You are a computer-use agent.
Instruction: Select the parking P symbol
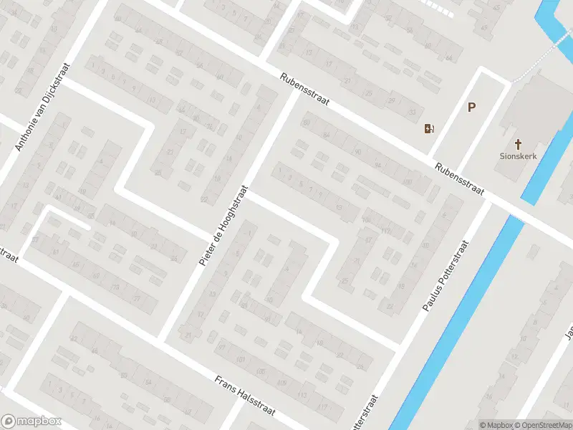tap(471, 107)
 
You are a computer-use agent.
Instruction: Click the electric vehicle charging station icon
tap(429, 129)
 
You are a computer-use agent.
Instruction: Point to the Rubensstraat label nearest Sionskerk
tap(460, 180)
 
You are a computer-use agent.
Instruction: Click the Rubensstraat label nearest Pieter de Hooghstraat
tap(305, 90)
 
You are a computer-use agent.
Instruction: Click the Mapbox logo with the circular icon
tap(32, 421)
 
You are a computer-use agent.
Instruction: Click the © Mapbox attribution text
tap(496, 425)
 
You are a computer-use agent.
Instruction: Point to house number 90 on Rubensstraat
tap(357, 150)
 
